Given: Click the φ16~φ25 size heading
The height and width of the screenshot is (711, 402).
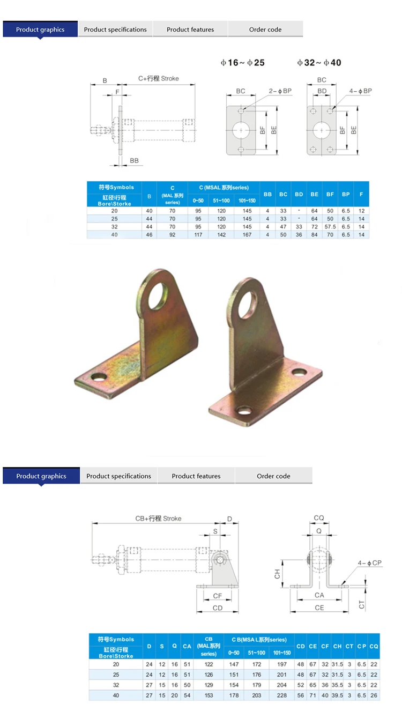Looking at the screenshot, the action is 242,63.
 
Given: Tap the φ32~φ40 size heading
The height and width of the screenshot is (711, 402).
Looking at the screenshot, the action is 319,63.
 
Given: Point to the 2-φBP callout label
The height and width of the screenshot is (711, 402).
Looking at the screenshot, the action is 280,91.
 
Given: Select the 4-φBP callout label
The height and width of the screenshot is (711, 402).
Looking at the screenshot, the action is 360,91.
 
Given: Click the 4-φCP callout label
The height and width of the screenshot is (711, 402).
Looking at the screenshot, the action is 370,563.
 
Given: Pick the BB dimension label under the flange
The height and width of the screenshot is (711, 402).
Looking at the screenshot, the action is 134,161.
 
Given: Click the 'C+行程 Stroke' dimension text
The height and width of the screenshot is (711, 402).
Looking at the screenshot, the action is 158,78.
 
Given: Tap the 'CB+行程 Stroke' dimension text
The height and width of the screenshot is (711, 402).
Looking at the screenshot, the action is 158,519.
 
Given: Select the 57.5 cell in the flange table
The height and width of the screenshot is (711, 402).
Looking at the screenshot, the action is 330,227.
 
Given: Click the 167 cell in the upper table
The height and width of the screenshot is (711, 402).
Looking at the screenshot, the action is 247,234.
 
